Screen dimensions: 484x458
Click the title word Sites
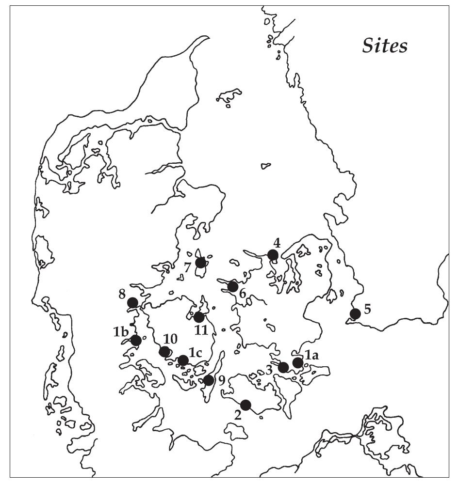click(x=385, y=46)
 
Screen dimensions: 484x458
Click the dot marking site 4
click(x=273, y=255)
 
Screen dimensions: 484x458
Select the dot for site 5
click(x=355, y=313)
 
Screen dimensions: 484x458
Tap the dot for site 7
click(x=200, y=263)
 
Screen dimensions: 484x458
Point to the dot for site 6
click(x=233, y=286)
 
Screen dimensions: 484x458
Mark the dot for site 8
click(x=132, y=303)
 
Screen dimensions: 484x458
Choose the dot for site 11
click(x=198, y=317)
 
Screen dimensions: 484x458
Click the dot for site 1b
click(x=136, y=341)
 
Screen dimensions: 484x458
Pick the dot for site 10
click(x=164, y=351)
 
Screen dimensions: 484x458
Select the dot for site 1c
click(x=183, y=360)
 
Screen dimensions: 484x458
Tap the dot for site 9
click(x=208, y=380)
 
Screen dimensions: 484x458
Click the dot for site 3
click(x=283, y=367)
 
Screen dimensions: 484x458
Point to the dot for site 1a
click(x=297, y=362)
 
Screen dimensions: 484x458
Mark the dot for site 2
click(x=245, y=405)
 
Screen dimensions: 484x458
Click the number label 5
click(x=367, y=309)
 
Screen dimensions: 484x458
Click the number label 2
click(x=237, y=415)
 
